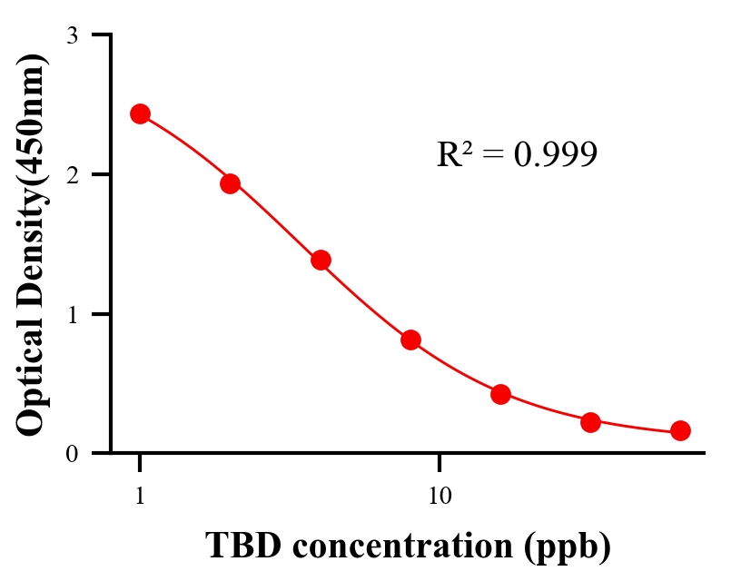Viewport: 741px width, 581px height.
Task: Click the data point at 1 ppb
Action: click(140, 113)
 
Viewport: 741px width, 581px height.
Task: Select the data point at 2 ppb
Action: click(230, 183)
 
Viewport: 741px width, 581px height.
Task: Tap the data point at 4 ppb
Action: click(321, 260)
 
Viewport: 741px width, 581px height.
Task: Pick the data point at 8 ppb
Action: click(410, 340)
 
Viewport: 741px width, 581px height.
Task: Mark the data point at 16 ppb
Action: click(500, 394)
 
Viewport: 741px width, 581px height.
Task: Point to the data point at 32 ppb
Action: click(591, 422)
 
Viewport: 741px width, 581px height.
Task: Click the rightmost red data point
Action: click(680, 430)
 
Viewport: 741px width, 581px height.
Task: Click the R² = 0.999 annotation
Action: click(516, 154)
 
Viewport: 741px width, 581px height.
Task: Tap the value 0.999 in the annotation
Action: click(555, 155)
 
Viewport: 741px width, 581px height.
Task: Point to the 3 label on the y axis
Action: click(72, 35)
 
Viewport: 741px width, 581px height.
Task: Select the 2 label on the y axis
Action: click(72, 174)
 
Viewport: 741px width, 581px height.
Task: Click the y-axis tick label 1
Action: click(72, 314)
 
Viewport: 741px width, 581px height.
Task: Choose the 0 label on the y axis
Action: click(72, 454)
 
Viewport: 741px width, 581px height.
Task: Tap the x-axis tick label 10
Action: click(440, 497)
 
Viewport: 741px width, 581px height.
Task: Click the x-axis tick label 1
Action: click(140, 497)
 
